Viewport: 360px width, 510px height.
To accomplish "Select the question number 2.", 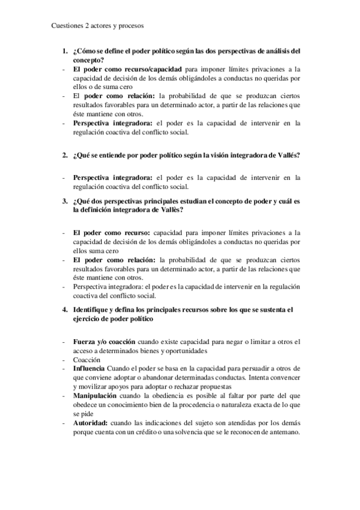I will [64, 155].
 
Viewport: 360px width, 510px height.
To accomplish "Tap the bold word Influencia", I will [89, 368].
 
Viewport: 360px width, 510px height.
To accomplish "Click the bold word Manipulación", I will [96, 398].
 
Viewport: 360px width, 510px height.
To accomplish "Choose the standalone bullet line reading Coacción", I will [87, 359].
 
